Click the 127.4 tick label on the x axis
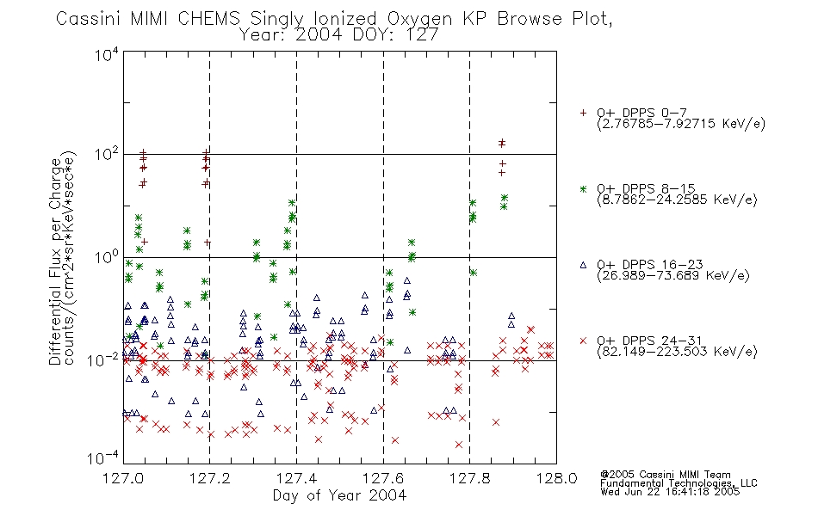point(296,478)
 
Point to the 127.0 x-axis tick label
point(123,478)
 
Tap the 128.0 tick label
point(556,478)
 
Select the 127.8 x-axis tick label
point(469,478)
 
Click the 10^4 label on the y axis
point(107,54)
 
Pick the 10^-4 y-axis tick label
point(103,458)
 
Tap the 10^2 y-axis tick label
point(107,154)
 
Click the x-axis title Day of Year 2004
point(339,495)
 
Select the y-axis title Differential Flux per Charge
point(55,261)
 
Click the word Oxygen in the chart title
point(419,19)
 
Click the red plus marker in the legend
point(583,113)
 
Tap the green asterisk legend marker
point(583,189)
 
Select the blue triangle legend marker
point(583,265)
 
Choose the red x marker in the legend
point(583,341)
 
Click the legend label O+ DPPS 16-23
point(650,264)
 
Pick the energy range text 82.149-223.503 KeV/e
point(677,352)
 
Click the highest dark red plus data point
point(502,142)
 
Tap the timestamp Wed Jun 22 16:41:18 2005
point(670,491)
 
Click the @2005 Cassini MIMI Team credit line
point(665,475)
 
